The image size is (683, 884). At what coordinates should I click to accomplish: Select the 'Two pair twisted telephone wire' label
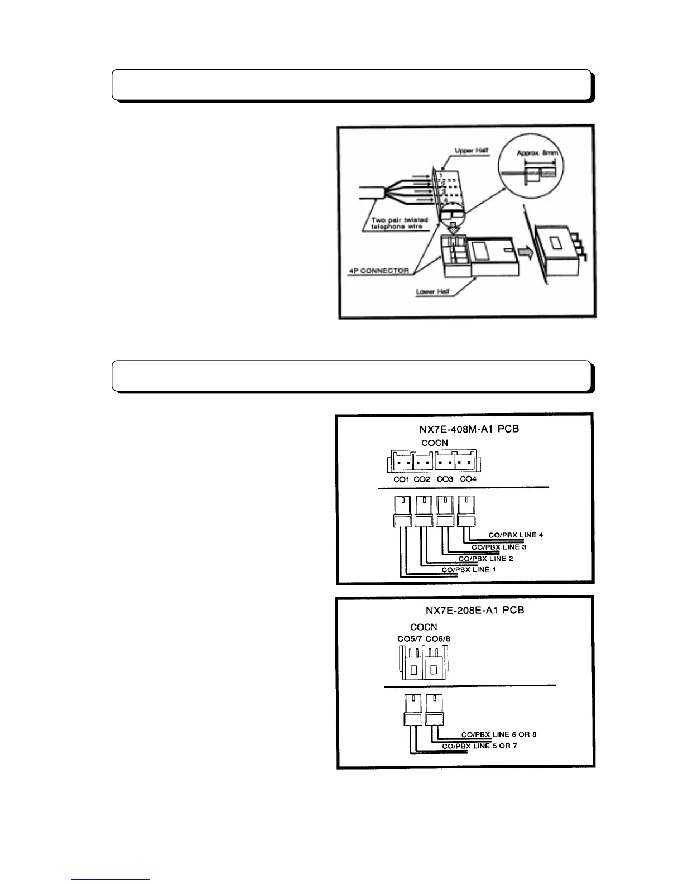tap(400, 223)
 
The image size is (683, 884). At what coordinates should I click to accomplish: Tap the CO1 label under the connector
tap(401, 479)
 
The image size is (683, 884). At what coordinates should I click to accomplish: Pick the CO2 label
tap(422, 479)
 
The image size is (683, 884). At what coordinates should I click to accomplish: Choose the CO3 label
tap(445, 479)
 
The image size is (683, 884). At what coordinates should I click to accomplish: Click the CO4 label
tap(468, 479)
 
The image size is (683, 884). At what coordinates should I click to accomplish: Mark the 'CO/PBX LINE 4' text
tap(516, 535)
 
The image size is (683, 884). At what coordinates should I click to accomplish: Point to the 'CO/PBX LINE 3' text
tap(499, 547)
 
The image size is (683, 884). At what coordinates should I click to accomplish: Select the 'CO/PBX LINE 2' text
tap(482, 558)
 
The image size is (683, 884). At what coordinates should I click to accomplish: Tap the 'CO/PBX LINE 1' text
tap(469, 569)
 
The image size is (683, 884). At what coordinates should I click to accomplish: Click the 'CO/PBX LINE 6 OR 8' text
tap(499, 734)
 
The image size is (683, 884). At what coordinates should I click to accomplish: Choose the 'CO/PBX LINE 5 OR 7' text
tap(479, 746)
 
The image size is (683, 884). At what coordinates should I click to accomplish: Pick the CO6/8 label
tap(437, 639)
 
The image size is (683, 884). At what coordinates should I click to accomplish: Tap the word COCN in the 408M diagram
tap(434, 443)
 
